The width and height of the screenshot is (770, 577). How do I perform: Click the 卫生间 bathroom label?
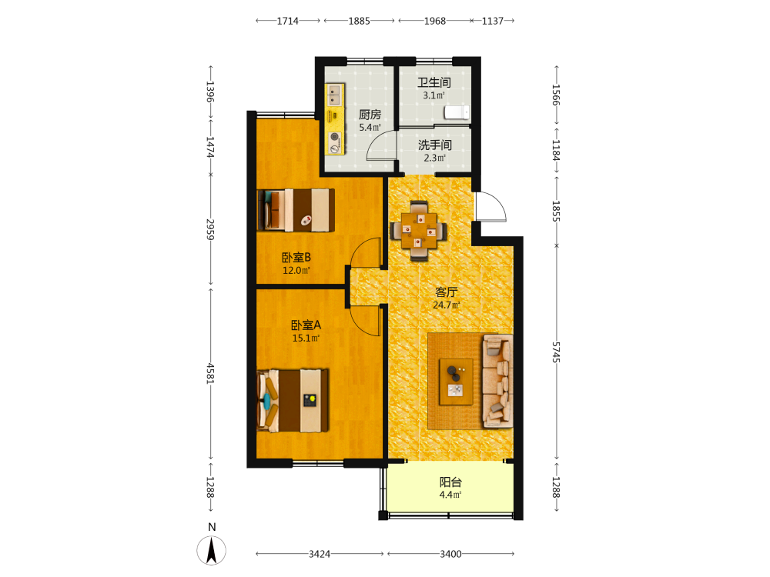[x=434, y=82]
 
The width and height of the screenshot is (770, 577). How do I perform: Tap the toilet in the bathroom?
[x=457, y=112]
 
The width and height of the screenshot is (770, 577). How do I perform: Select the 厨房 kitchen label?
[x=370, y=115]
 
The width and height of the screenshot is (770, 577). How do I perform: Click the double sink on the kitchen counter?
[x=334, y=94]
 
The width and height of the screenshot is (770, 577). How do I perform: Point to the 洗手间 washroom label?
[x=434, y=145]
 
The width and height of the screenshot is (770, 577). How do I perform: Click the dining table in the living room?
[x=418, y=230]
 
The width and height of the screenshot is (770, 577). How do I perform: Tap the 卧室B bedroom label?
[x=296, y=258]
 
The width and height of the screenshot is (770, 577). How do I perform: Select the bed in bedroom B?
[x=296, y=210]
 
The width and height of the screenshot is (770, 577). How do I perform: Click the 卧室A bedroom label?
[x=306, y=325]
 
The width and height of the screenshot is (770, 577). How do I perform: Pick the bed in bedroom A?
[x=293, y=401]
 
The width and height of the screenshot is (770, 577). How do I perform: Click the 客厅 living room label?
[x=447, y=292]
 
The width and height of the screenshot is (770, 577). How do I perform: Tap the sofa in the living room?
[x=497, y=381]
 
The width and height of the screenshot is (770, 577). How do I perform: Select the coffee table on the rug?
[x=456, y=382]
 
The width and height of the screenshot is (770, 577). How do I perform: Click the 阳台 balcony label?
[x=450, y=482]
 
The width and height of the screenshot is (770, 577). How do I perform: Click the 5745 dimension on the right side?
[x=556, y=352]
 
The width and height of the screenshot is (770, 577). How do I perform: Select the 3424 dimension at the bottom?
[x=320, y=554]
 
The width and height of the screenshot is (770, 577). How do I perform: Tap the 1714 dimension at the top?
[x=288, y=21]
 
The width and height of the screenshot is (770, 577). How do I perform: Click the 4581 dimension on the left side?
[x=210, y=373]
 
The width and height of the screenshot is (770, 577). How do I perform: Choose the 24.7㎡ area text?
[x=447, y=305]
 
